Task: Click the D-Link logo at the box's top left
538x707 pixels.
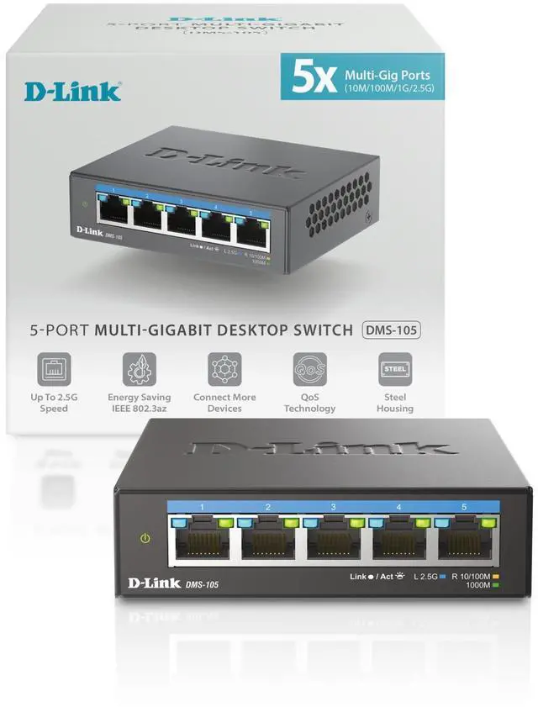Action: click(x=72, y=90)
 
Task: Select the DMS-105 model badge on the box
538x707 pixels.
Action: click(x=391, y=330)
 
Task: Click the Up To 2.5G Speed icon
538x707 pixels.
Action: click(x=54, y=369)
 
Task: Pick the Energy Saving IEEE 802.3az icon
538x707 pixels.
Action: click(x=139, y=369)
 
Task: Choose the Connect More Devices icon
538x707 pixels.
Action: click(x=224, y=369)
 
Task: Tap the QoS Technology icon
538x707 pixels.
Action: click(x=309, y=369)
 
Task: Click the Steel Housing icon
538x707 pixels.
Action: click(x=394, y=369)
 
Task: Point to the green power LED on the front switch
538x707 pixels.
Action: click(x=145, y=538)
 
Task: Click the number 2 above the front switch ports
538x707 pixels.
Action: click(x=268, y=507)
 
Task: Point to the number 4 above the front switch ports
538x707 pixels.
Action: click(x=398, y=507)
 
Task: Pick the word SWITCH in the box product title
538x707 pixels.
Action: click(x=320, y=330)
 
